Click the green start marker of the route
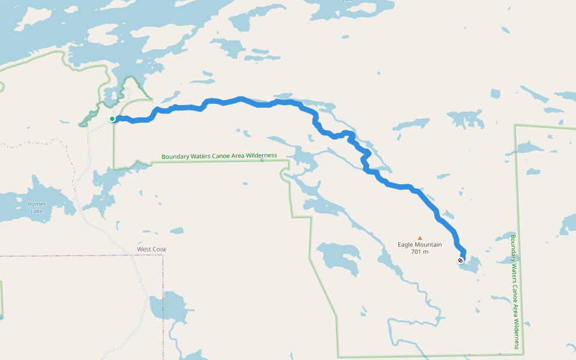click(x=112, y=119)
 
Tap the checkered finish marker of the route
click(x=460, y=260)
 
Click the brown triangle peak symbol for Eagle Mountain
click(x=420, y=238)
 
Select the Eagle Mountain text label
click(x=420, y=245)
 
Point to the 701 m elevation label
click(x=420, y=252)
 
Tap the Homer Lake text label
click(x=36, y=208)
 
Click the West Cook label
click(x=151, y=249)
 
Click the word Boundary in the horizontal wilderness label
click(x=175, y=157)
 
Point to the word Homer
click(x=36, y=204)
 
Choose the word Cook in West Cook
click(x=159, y=249)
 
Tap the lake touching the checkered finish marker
click(x=471, y=265)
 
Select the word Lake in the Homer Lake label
click(x=36, y=211)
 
